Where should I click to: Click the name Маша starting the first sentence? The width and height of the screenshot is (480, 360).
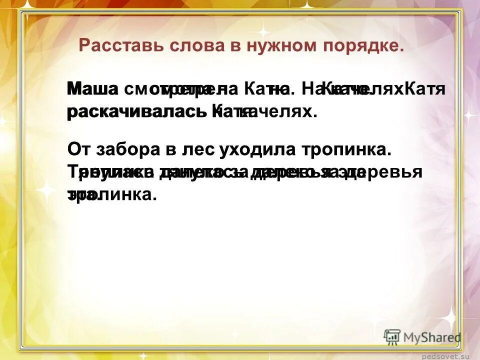[x=92, y=89]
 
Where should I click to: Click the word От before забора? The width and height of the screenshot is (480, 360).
[x=78, y=149]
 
